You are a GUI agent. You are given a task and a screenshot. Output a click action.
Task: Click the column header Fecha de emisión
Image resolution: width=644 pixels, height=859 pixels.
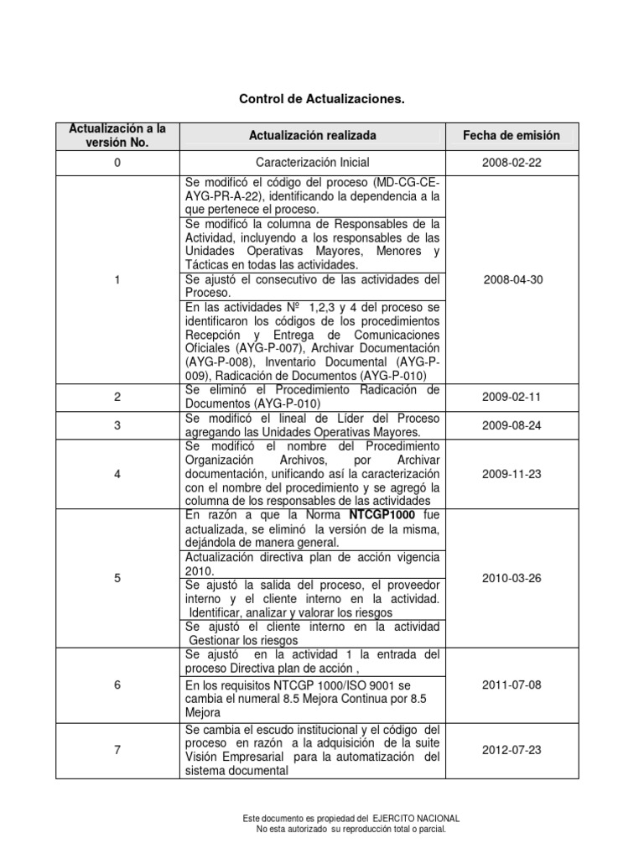512,135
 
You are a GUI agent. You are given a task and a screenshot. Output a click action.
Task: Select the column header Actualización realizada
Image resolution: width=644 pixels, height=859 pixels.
312,135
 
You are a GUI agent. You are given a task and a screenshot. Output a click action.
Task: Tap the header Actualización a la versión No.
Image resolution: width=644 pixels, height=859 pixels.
117,134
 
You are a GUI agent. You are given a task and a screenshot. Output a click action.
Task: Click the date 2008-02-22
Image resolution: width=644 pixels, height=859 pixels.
512,162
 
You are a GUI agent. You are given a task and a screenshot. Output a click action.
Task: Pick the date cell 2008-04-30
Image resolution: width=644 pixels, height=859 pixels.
512,279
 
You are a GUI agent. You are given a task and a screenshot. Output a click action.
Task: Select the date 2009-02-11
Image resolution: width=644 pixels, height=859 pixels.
512,397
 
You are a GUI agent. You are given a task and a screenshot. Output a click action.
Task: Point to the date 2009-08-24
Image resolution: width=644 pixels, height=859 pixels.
512,424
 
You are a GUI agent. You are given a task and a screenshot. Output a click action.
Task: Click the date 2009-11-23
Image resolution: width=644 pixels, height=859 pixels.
512,474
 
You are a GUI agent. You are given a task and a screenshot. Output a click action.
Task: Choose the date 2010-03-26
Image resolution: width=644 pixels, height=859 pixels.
512,577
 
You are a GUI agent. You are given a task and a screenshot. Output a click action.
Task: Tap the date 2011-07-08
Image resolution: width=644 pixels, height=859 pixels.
512,685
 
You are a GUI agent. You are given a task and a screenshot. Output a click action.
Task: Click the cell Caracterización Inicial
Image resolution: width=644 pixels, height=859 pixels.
312,162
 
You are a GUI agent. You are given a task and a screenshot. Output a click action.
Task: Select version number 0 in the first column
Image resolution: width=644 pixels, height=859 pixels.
117,162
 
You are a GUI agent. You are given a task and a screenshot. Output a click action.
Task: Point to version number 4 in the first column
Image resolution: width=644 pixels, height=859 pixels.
117,474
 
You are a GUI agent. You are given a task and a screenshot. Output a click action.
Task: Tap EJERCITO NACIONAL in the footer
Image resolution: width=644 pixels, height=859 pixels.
415,818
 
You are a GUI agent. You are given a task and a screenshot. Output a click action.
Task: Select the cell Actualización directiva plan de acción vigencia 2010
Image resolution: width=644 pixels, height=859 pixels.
312,563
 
